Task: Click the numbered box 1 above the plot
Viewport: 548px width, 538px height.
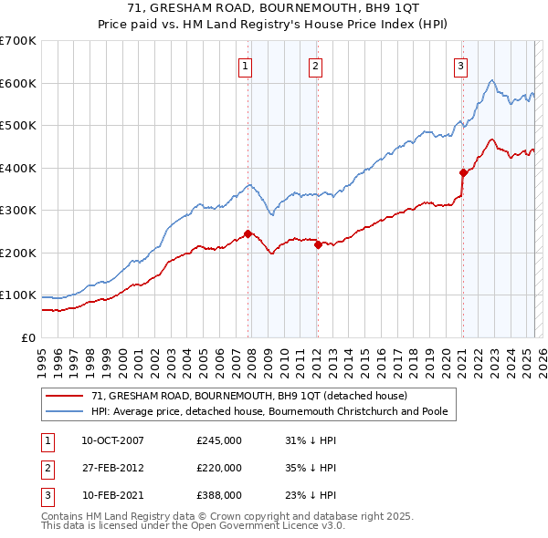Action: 247,65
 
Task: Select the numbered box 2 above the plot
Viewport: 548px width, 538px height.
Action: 314,65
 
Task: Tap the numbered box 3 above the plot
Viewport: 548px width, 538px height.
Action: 460,65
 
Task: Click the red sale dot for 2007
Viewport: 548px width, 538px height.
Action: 248,233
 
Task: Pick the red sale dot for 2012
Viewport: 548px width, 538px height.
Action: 318,244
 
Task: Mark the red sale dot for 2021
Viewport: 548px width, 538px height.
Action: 463,172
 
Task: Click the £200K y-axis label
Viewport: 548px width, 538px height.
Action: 18,253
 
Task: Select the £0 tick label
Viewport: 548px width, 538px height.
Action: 29,337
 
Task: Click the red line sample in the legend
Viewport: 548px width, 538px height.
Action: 66,396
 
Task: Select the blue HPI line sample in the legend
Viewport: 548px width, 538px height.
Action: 66,411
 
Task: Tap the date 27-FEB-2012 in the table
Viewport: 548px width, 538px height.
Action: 112,468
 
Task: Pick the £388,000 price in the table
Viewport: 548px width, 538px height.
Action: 219,495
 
